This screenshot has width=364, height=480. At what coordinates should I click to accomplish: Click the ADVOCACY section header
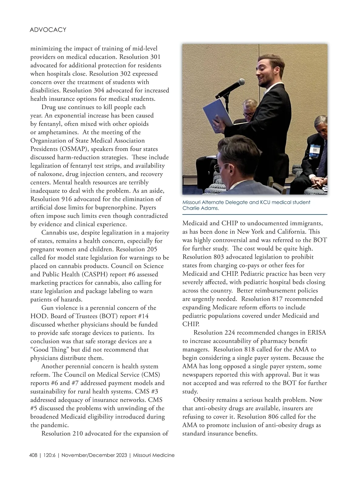point(48,30)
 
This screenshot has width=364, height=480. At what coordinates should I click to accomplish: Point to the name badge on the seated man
point(313,151)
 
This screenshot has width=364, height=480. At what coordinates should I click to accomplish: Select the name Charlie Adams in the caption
point(201,208)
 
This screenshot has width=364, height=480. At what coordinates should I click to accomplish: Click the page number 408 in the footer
point(33,455)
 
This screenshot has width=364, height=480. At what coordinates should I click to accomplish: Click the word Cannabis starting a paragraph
point(55,233)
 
